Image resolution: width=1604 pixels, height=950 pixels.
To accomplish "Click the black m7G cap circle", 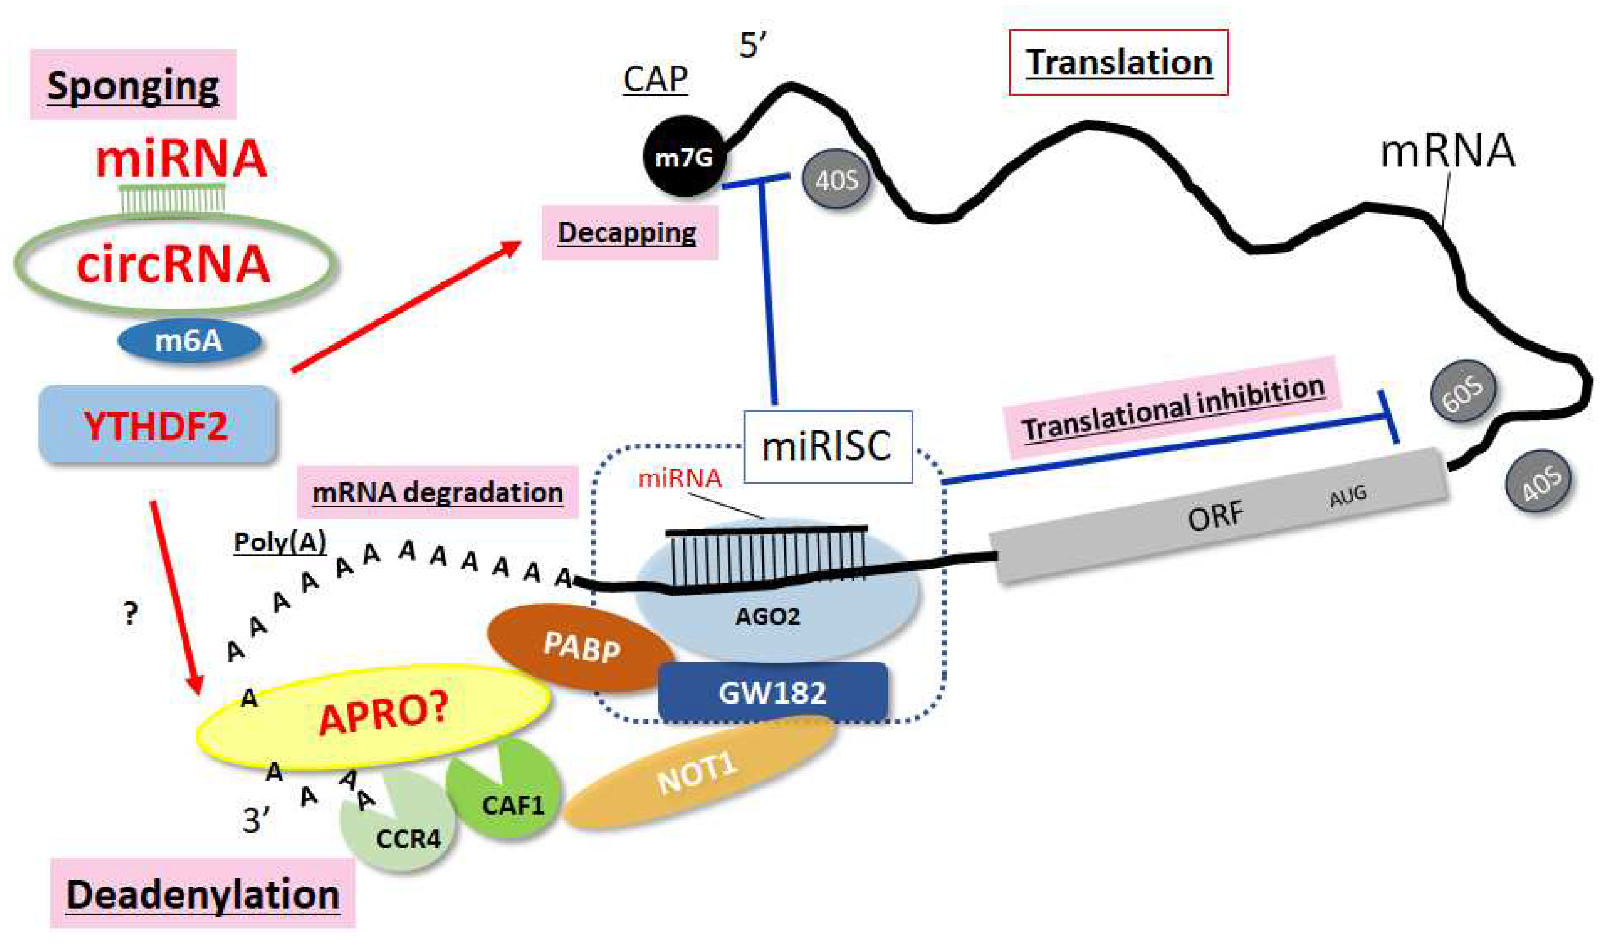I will [x=683, y=156].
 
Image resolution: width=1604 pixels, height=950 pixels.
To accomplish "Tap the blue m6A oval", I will [x=189, y=341].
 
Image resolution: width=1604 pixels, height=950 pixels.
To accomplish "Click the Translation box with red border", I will [x=1118, y=63].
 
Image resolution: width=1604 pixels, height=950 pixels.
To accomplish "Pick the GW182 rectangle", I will [x=772, y=692].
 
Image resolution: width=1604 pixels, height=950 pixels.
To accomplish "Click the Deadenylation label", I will [x=202, y=894].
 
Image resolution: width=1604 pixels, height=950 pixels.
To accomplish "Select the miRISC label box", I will [x=827, y=446].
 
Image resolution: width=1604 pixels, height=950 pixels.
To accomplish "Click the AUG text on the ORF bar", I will [x=1348, y=495].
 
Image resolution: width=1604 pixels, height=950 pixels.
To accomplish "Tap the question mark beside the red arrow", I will [x=130, y=614].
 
